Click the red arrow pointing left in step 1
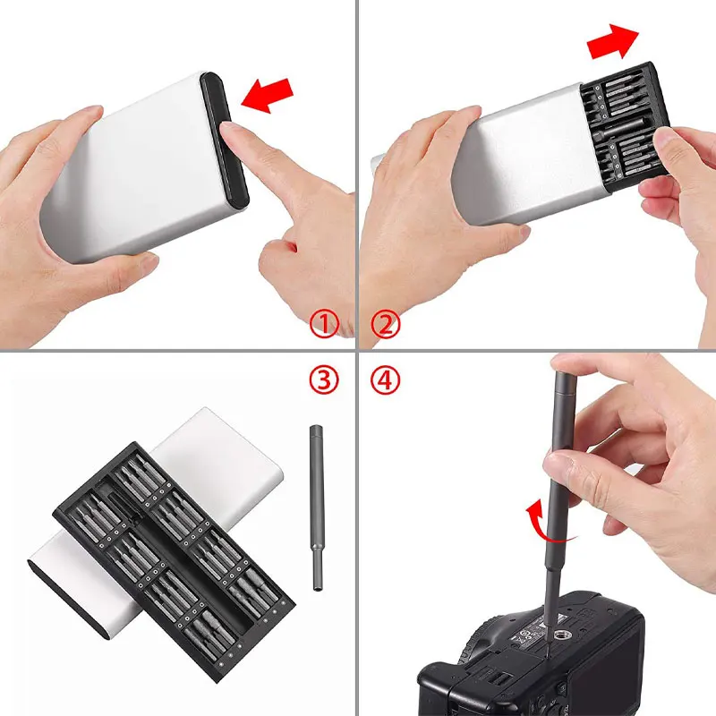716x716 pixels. (x=268, y=95)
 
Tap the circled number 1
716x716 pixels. (x=324, y=323)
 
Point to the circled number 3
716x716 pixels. (x=324, y=380)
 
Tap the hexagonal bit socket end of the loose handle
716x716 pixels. (x=318, y=582)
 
